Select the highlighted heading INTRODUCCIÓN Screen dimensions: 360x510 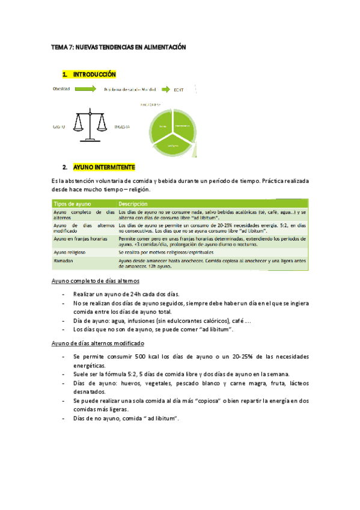(x=94, y=75)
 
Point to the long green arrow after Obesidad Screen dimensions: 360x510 (x=85, y=90)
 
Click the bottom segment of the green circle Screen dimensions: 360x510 (x=172, y=144)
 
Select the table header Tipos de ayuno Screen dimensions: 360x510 (x=70, y=203)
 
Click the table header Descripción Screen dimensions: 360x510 (x=133, y=203)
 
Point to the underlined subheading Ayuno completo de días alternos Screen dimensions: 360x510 (x=96, y=281)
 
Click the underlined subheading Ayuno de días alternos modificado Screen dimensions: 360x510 (x=98, y=343)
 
